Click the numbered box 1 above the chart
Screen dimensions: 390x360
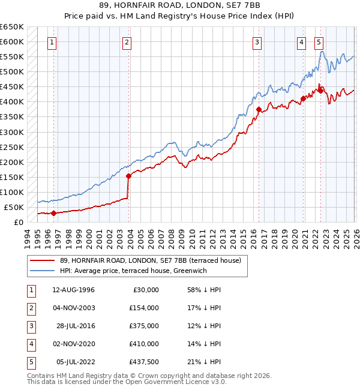coord(53,42)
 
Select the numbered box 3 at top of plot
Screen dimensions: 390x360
coord(257,42)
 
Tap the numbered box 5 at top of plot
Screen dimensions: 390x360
coord(319,42)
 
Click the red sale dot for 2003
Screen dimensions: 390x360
coord(128,176)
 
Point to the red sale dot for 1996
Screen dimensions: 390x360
coord(53,213)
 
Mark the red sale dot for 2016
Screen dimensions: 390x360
coord(259,110)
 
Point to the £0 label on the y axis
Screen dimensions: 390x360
coord(19,222)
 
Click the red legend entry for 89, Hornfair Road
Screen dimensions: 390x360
coord(150,260)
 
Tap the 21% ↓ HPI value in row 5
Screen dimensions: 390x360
coord(204,362)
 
